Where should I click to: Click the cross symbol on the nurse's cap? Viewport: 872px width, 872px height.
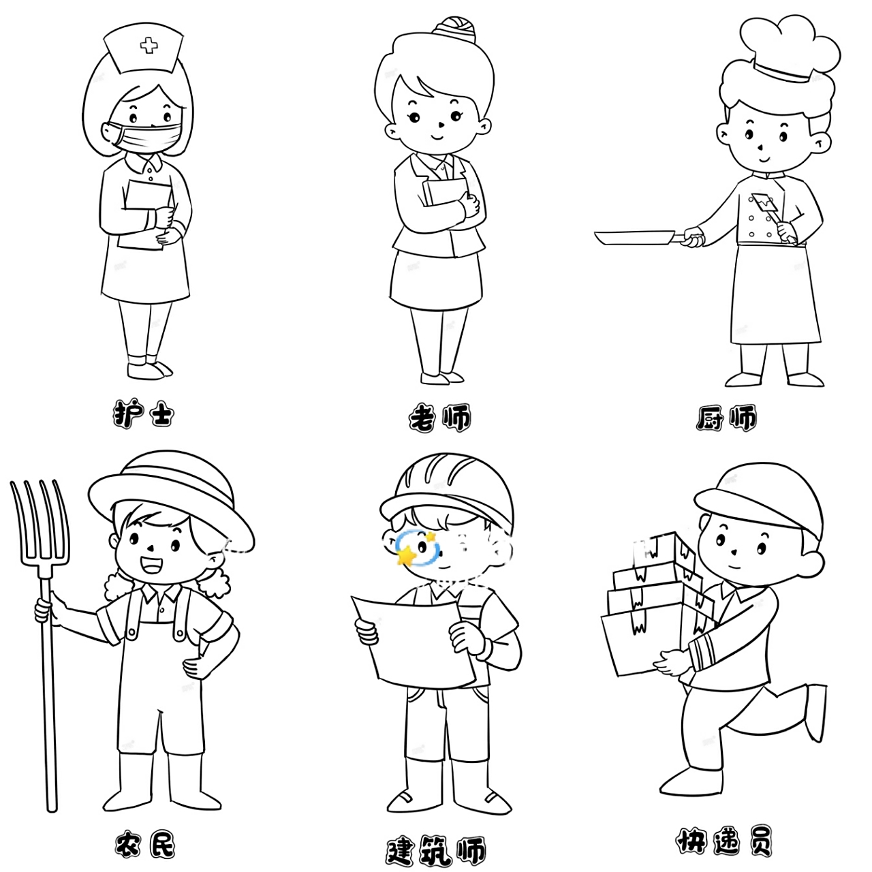pyautogui.click(x=149, y=46)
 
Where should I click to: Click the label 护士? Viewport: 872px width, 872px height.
pyautogui.click(x=143, y=414)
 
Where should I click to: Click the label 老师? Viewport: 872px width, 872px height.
pyautogui.click(x=439, y=418)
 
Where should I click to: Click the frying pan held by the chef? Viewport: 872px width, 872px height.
pyautogui.click(x=634, y=238)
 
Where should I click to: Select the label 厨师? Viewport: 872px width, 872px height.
pyautogui.click(x=726, y=418)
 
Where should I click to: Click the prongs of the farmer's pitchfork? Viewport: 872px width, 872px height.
pyautogui.click(x=40, y=525)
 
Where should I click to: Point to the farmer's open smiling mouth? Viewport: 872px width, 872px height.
pyautogui.click(x=152, y=565)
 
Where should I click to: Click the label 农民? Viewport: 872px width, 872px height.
pyautogui.click(x=144, y=845)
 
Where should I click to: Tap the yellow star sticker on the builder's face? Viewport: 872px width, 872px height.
pyautogui.click(x=407, y=556)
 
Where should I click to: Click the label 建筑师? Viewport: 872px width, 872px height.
pyautogui.click(x=436, y=850)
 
